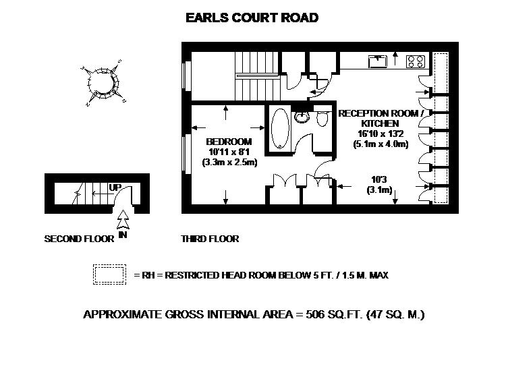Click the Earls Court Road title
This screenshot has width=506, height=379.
252,18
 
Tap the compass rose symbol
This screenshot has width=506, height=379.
103,83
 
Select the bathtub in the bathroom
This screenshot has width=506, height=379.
280,128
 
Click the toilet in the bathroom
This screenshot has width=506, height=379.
322,118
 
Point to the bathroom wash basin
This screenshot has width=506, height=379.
302,117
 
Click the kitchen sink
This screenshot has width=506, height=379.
378,61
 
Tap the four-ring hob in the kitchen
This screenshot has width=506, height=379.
416,61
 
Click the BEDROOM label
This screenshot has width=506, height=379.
229,141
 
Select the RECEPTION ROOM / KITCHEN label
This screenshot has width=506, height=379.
381,118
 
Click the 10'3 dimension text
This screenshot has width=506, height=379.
379,179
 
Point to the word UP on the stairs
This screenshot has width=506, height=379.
115,187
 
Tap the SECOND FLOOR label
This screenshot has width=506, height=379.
79,239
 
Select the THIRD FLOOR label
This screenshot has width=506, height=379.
210,239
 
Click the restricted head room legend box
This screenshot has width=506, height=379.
109,274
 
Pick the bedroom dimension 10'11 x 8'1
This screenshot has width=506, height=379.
229,152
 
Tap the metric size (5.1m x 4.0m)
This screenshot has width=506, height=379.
381,144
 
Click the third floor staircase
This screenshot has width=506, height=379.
257,76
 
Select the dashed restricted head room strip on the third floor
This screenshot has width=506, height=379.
441,128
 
